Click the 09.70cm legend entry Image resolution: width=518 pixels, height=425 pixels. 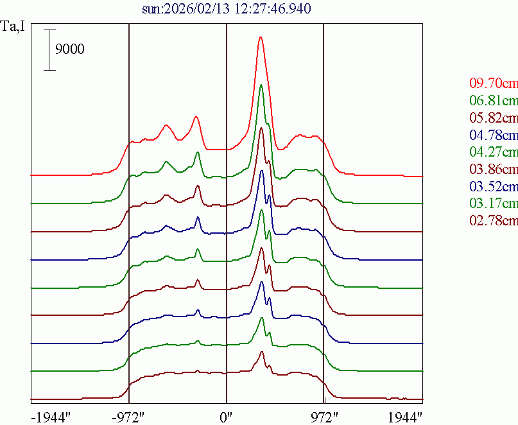[x=493, y=83]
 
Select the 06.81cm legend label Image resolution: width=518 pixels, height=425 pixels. [x=493, y=101]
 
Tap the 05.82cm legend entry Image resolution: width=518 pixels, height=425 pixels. [x=493, y=118]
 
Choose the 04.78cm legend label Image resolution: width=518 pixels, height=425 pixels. [x=493, y=135]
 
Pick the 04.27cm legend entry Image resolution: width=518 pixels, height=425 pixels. [x=493, y=153]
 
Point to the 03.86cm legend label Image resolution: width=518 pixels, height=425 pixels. [x=493, y=170]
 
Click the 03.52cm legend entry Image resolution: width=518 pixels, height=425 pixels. [x=493, y=187]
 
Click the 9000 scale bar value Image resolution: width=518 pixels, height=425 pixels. [x=69, y=50]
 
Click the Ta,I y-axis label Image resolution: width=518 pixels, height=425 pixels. [x=14, y=28]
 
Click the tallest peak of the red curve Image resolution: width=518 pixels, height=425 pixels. [x=261, y=37]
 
